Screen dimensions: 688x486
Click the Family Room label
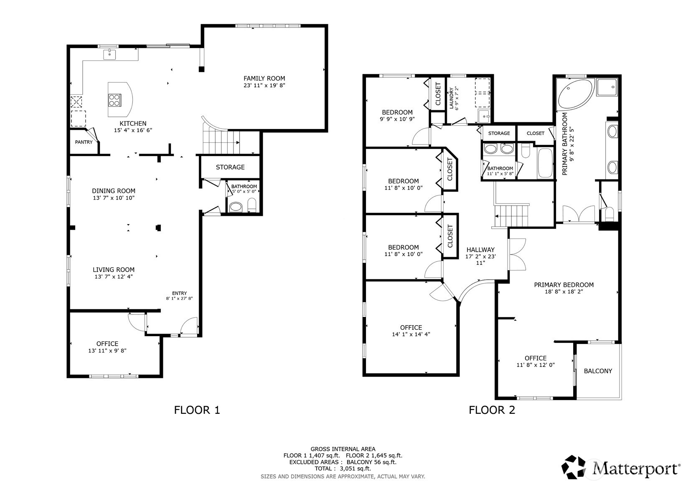point(264,78)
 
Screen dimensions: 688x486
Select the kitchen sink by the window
point(109,54)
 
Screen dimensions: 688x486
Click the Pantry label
point(84,142)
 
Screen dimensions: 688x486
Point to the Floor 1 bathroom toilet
point(252,205)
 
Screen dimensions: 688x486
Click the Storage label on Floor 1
point(230,167)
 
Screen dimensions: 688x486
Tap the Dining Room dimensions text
point(114,198)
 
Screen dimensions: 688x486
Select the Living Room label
point(114,270)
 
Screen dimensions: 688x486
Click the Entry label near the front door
point(179,293)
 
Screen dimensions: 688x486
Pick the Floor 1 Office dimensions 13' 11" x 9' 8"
point(107,351)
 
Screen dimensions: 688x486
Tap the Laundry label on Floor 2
point(451,98)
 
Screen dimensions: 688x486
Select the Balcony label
point(598,371)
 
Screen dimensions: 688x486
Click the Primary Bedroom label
point(564,285)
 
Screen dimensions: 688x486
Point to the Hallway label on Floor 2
point(480,250)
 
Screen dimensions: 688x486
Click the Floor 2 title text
point(492,410)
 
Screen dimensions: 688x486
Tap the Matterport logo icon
point(574,467)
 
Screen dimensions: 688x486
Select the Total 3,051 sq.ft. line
point(343,468)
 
